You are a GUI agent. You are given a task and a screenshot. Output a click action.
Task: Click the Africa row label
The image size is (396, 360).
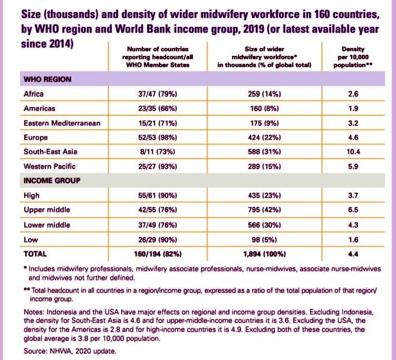(x=34, y=94)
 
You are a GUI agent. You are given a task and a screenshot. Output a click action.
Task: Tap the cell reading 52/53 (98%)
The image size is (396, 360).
(x=157, y=138)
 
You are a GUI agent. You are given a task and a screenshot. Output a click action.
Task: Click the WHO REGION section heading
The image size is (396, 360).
(x=47, y=80)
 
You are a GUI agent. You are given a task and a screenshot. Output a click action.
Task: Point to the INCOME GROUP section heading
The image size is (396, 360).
(x=51, y=181)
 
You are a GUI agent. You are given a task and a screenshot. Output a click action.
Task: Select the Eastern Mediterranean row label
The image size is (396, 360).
(x=62, y=123)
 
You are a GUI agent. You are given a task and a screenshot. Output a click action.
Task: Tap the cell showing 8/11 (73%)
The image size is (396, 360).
(x=157, y=152)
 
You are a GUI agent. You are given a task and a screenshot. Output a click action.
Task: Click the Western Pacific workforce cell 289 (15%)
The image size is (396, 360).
(x=266, y=167)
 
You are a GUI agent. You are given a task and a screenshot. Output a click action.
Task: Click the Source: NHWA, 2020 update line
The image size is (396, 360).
(x=63, y=351)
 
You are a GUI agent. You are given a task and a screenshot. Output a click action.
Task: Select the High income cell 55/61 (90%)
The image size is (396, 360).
(x=157, y=196)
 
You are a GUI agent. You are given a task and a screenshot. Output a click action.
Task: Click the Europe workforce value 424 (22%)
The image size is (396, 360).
(x=266, y=138)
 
